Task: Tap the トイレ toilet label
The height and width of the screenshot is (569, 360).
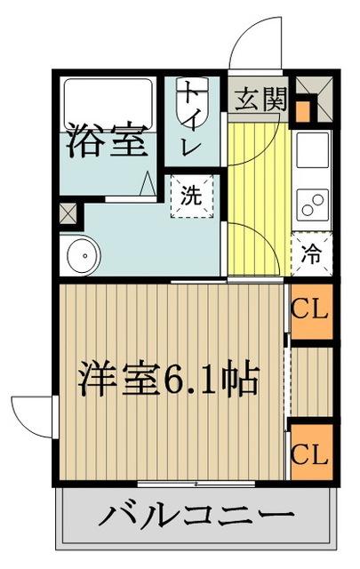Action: click(191, 120)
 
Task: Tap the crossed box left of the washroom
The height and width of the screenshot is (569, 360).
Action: click(68, 214)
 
